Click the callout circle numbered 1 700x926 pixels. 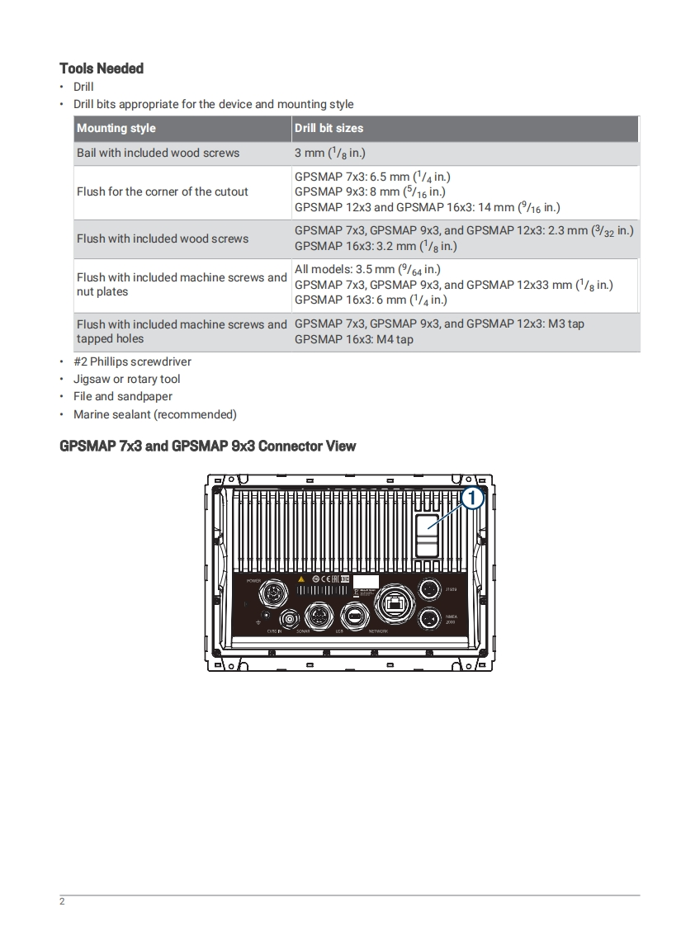click(470, 498)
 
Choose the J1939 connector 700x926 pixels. click(428, 589)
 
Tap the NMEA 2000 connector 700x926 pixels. click(428, 618)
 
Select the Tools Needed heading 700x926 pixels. click(102, 69)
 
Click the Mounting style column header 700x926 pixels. click(116, 128)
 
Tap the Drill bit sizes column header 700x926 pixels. click(329, 128)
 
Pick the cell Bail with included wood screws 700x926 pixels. click(158, 153)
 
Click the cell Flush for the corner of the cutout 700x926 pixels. click(163, 191)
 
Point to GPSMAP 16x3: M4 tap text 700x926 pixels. click(354, 339)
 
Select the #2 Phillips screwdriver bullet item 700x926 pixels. click(132, 361)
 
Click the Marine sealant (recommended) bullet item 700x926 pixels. click(154, 414)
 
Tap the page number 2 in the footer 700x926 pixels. click(62, 900)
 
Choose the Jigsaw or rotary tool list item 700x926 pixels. click(126, 379)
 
